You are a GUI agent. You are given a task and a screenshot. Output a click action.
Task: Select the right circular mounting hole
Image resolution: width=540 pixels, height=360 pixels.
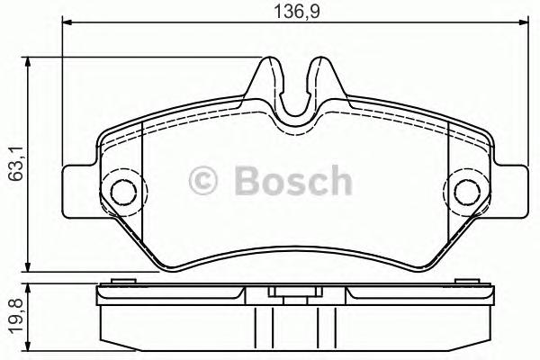click(467, 190)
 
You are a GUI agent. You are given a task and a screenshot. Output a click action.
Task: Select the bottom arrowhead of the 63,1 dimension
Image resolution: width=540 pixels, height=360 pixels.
click(31, 266)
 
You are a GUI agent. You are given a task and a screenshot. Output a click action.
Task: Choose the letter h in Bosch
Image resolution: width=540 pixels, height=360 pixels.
click(338, 181)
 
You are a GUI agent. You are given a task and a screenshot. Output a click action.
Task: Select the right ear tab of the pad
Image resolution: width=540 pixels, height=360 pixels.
click(508, 190)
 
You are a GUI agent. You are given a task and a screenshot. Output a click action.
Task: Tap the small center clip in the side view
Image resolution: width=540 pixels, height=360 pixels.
click(292, 292)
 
